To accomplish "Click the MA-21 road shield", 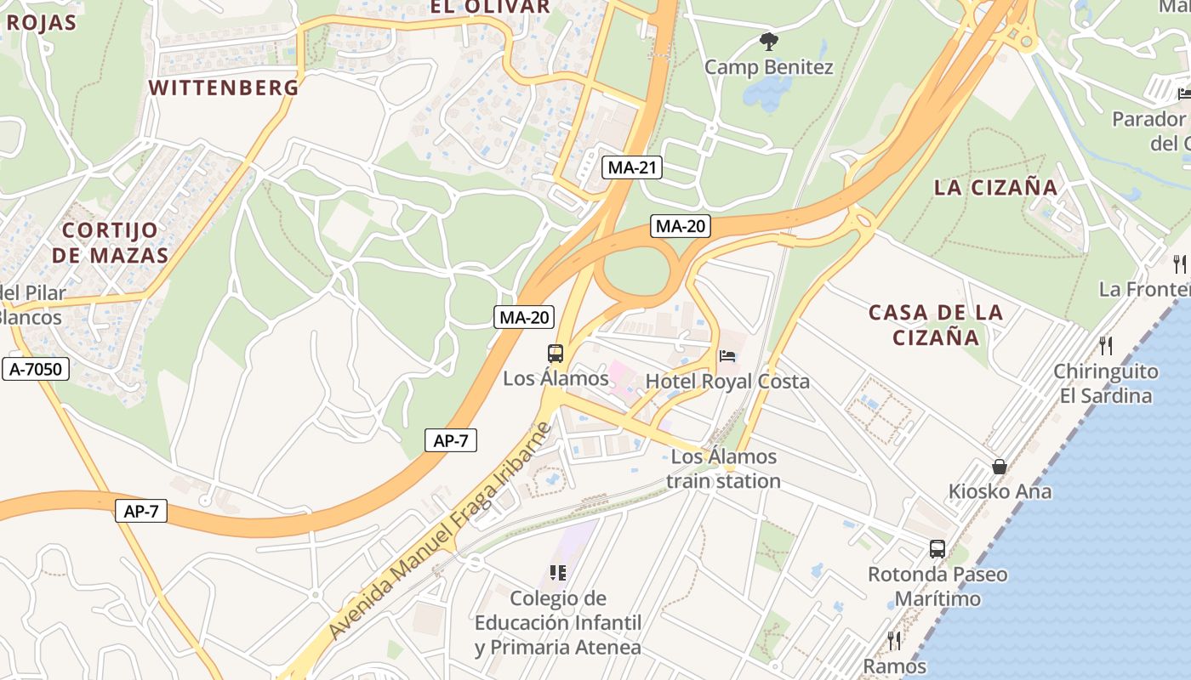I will (632, 167).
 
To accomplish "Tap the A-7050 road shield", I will (36, 369).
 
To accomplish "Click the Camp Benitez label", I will (769, 66).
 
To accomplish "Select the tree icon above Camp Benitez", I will (769, 40).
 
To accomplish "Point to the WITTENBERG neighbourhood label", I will (224, 87).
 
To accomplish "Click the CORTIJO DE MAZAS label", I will (111, 242).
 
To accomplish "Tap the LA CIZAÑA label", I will (995, 187).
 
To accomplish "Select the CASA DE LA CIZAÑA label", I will (936, 325).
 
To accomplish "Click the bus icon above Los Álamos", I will (555, 354).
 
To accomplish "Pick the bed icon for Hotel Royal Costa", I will (727, 355).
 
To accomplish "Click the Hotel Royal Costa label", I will (727, 381).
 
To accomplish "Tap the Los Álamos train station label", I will (723, 469).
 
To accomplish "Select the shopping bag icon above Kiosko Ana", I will (1000, 467).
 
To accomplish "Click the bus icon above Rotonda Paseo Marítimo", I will (937, 549).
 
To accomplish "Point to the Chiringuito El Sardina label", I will (1106, 383).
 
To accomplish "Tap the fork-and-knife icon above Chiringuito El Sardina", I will (1106, 345).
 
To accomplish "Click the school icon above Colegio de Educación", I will (558, 573).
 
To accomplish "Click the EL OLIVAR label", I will (489, 7).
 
